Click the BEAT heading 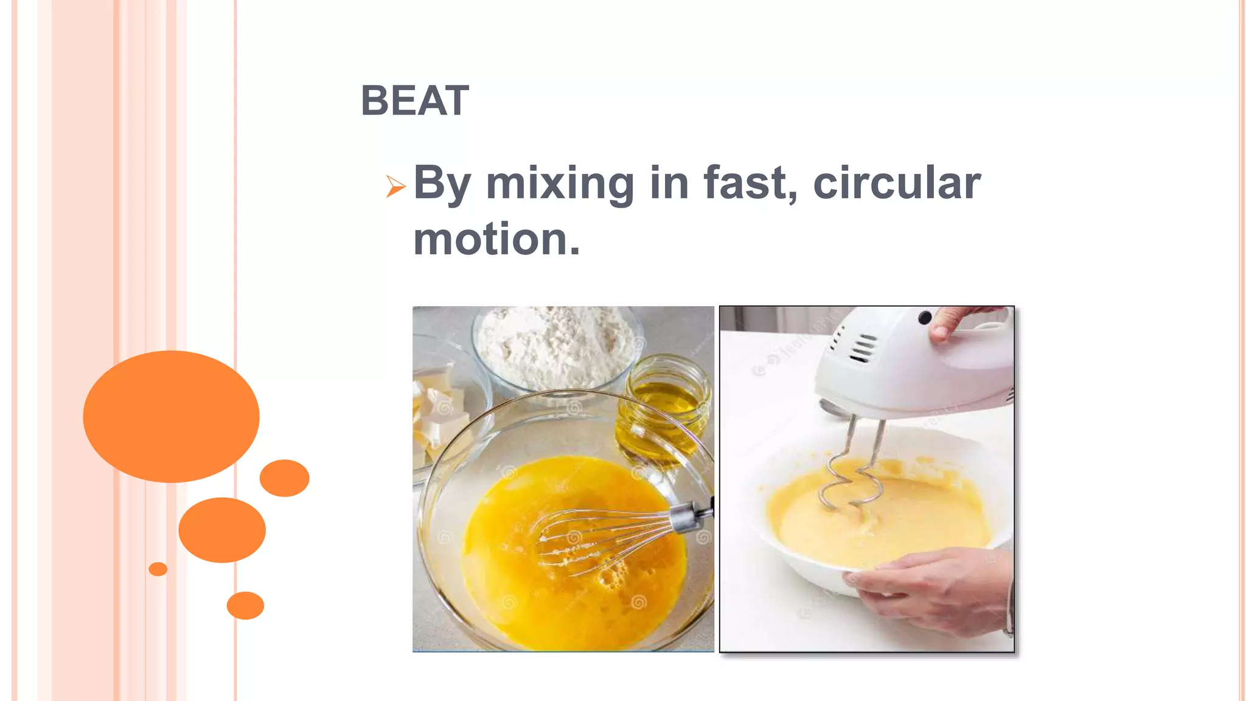coord(415,100)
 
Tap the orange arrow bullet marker coord(395,186)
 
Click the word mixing coord(560,183)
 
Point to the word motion coord(496,239)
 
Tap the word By coord(442,183)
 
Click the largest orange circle coord(171,416)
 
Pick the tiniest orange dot coord(158,569)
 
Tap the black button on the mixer coord(925,317)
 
